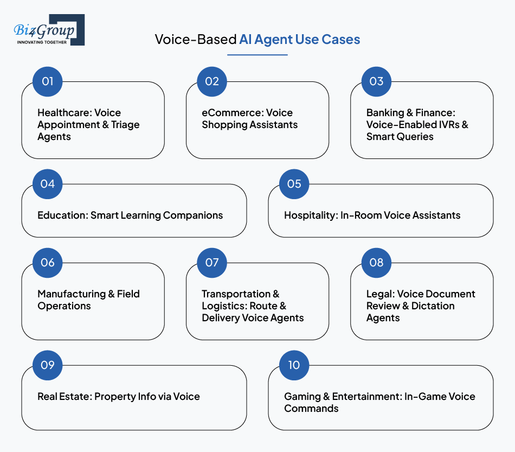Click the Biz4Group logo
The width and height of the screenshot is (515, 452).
tap(49, 30)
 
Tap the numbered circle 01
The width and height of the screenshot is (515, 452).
tap(48, 81)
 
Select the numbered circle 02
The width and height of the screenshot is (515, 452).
tap(212, 81)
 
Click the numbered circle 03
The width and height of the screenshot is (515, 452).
tap(376, 81)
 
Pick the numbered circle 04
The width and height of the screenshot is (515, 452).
tap(48, 184)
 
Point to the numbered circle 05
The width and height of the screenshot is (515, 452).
tap(294, 184)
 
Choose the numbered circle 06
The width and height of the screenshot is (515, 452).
tap(48, 263)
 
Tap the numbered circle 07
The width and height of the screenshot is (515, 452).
tap(212, 263)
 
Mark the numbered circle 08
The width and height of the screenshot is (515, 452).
tap(376, 263)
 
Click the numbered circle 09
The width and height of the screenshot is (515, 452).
tap(48, 365)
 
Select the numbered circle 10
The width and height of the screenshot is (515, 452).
tap(294, 365)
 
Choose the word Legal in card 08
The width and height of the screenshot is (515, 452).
tap(379, 294)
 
